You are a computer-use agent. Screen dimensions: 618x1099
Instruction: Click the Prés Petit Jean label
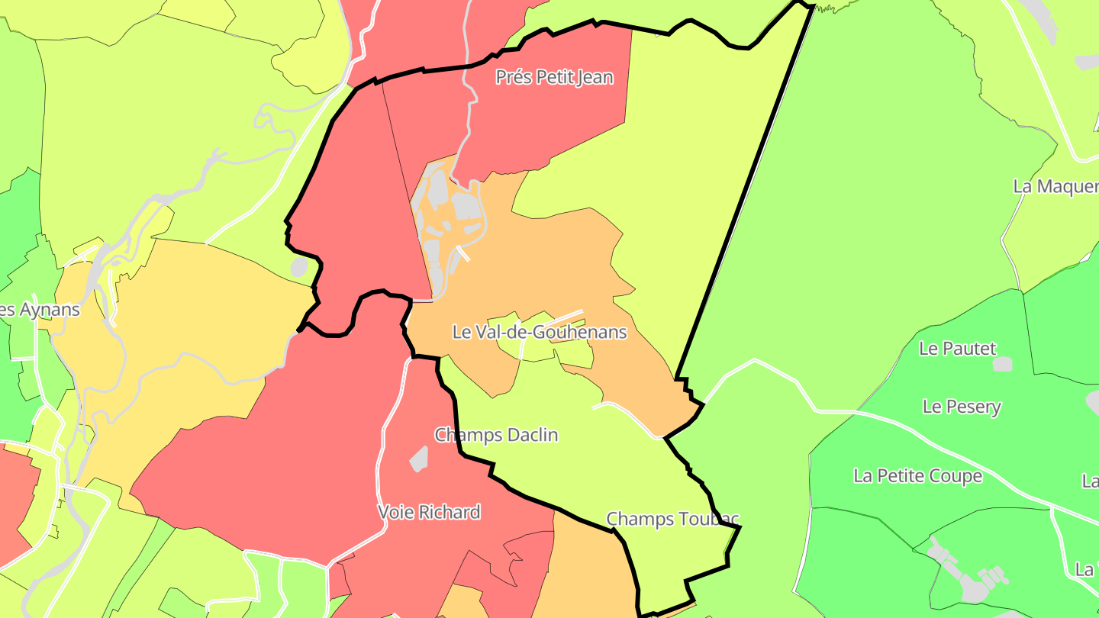click(x=554, y=77)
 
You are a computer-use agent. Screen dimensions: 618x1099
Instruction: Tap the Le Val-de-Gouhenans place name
click(x=540, y=332)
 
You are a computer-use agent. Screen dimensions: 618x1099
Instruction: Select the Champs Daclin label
click(x=496, y=435)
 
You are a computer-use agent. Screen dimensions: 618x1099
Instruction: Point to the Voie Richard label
click(x=429, y=512)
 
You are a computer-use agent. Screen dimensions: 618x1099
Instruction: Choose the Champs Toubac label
click(x=672, y=519)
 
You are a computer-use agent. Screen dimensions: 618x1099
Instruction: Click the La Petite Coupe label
click(x=917, y=476)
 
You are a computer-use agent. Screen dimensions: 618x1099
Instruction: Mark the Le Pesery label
click(x=961, y=407)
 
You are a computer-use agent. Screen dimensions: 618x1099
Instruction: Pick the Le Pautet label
click(x=957, y=349)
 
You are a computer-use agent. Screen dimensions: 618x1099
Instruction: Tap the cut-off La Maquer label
click(x=1055, y=186)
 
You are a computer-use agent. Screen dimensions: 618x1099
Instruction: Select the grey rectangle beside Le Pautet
click(x=1002, y=364)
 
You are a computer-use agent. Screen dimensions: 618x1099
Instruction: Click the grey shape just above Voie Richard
click(x=418, y=459)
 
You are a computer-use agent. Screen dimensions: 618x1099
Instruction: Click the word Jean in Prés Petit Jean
click(x=594, y=77)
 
